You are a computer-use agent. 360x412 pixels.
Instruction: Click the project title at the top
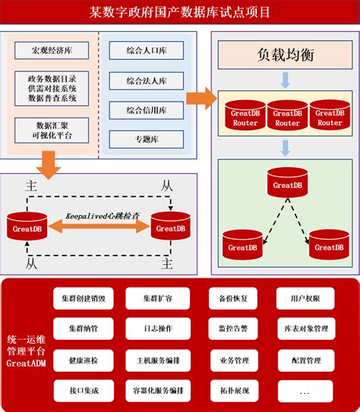click(179, 13)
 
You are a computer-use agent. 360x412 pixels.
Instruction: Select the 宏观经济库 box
click(52, 52)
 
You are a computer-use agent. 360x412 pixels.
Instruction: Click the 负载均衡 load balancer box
click(286, 56)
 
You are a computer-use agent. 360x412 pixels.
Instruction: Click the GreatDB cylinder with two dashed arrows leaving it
click(287, 183)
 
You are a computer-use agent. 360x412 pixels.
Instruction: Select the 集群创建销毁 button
click(83, 299)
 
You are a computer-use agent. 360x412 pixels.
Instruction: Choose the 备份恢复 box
click(233, 299)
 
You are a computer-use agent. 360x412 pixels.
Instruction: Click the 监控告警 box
click(233, 329)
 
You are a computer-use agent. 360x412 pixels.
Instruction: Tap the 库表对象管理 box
click(305, 329)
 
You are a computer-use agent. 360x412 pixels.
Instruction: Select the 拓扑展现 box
click(233, 391)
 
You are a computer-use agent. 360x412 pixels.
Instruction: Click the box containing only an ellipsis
click(305, 391)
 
